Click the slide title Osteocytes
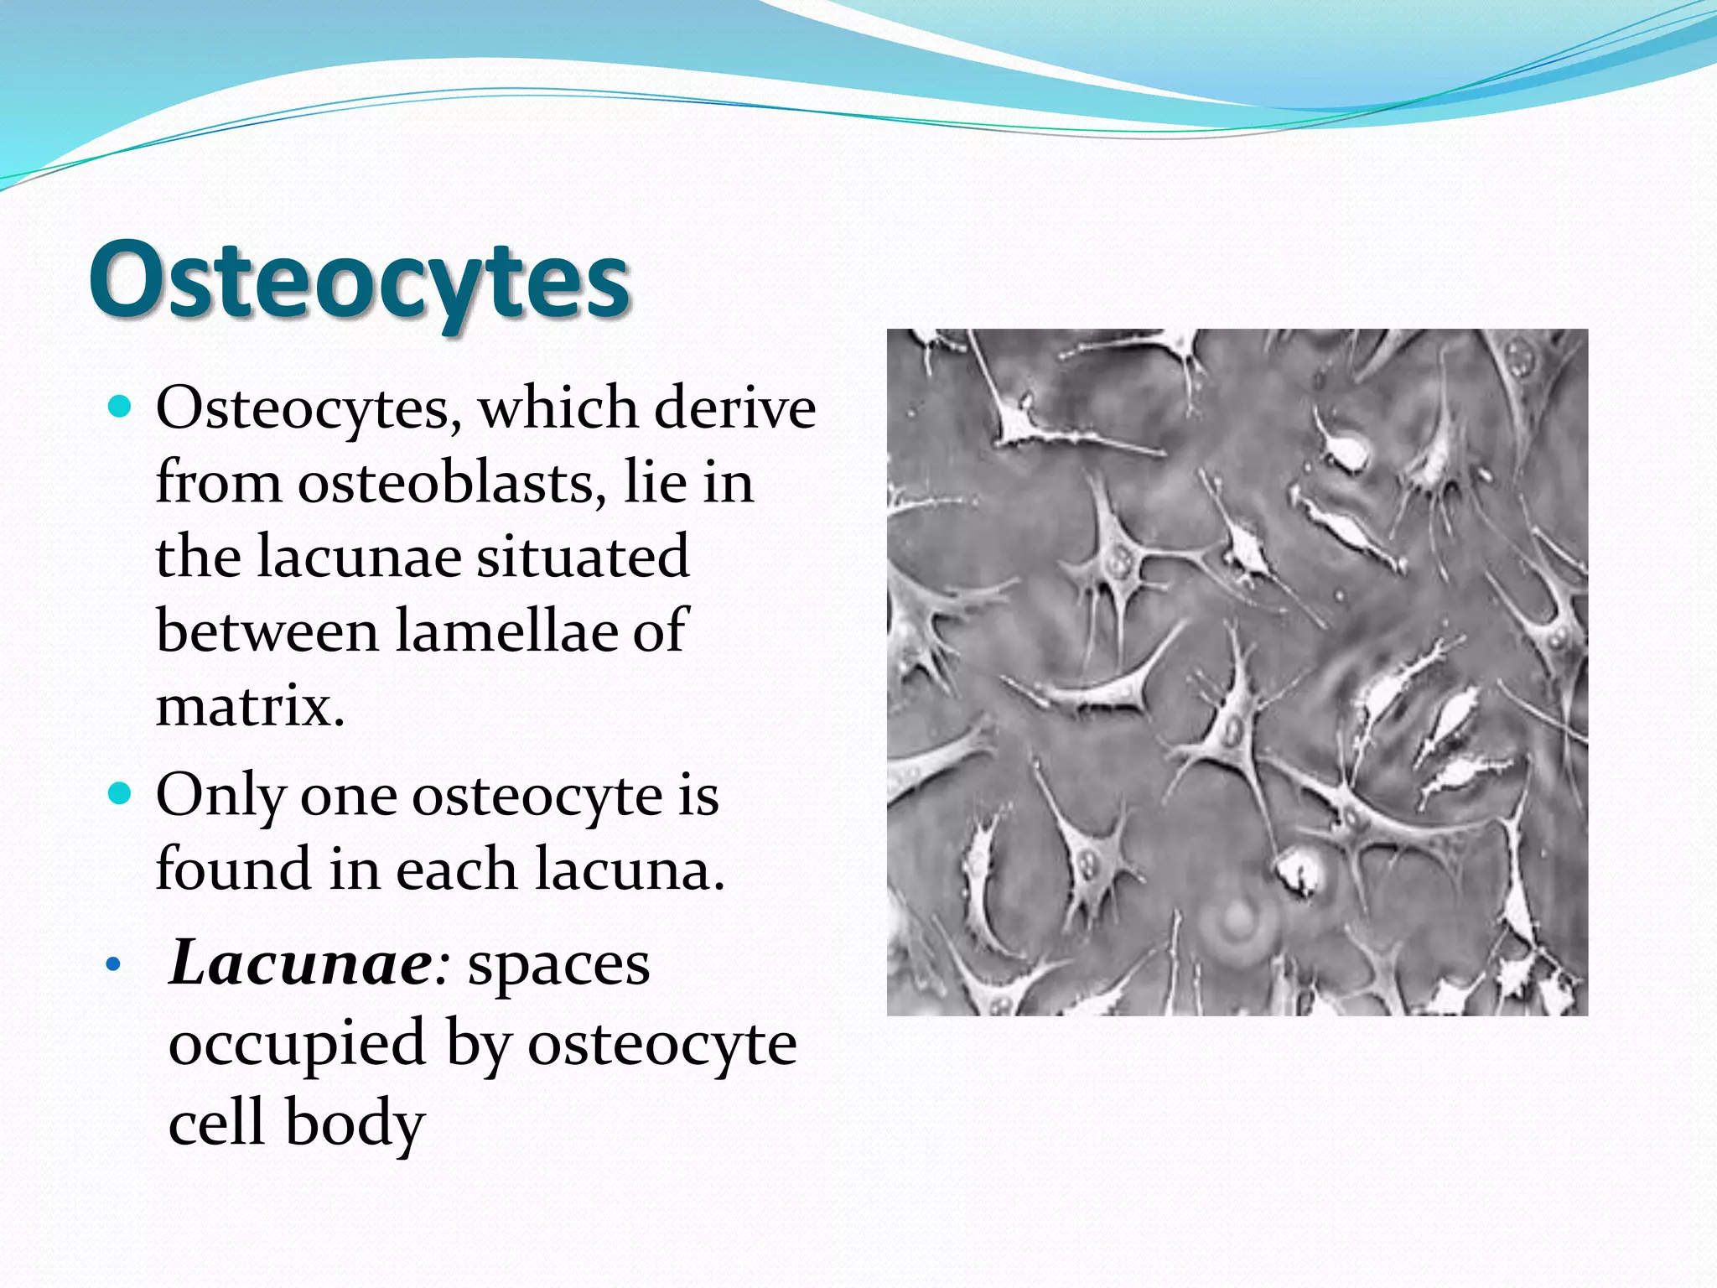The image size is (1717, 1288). pos(359,281)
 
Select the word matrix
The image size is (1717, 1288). pos(249,706)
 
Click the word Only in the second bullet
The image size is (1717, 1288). pos(220,796)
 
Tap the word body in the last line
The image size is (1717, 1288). pos(355,1124)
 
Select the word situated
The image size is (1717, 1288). pos(583,557)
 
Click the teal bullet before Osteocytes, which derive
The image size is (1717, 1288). pos(121,408)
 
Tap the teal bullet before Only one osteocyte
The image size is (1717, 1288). pos(121,794)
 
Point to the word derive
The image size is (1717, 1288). pos(734,409)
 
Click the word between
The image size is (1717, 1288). pos(267,631)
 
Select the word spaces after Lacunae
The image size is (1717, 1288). pos(558,965)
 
